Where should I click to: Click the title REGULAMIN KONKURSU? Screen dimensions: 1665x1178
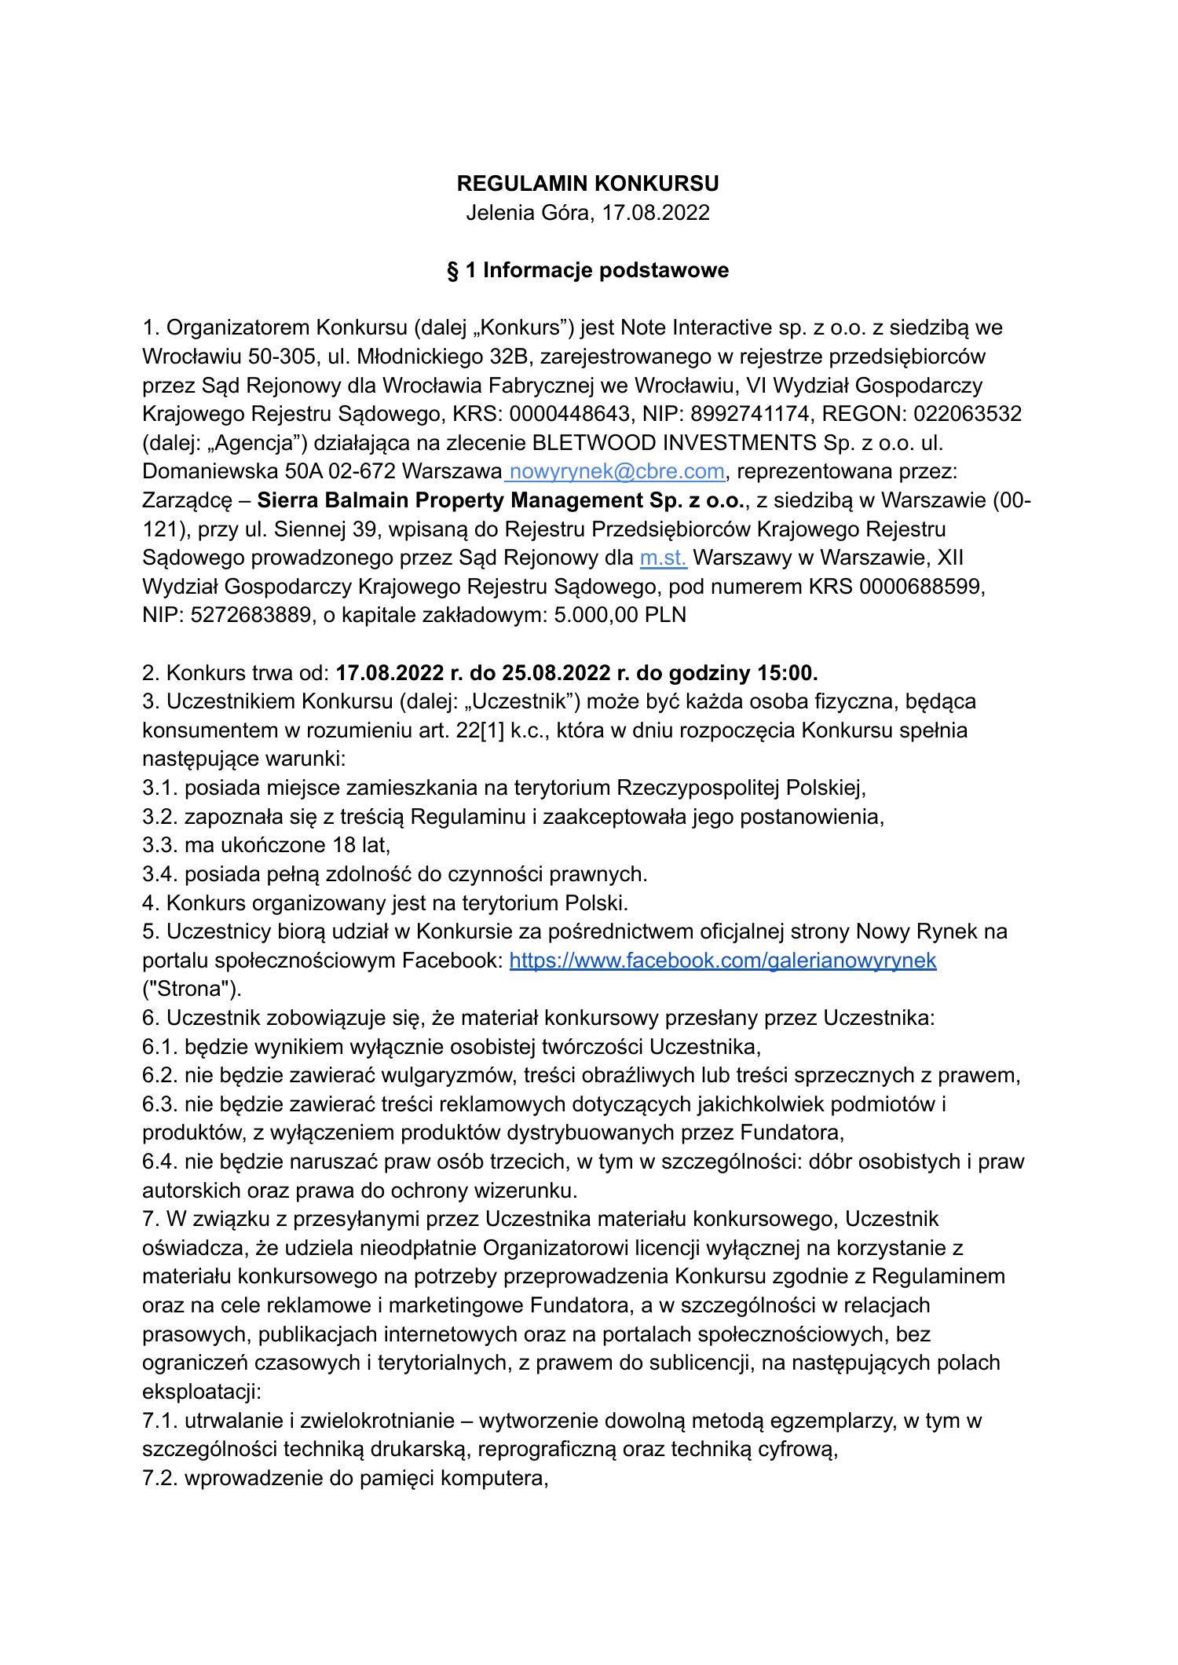(x=587, y=184)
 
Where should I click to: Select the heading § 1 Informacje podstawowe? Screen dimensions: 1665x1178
(x=587, y=270)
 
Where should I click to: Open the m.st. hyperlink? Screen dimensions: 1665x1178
(x=664, y=558)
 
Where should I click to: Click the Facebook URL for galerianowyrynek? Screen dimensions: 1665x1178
(x=723, y=961)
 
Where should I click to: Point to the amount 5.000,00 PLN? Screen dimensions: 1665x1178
(x=620, y=615)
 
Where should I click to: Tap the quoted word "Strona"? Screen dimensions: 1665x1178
(x=192, y=989)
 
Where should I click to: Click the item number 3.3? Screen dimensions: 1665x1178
(x=160, y=845)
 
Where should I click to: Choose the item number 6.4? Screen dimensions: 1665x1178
(x=160, y=1162)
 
